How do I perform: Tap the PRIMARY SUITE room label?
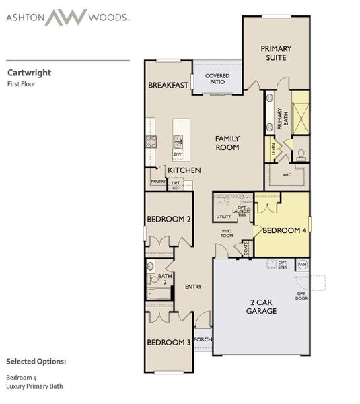274,53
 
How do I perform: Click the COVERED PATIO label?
218,79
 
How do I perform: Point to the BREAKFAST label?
169,86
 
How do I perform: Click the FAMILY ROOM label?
227,143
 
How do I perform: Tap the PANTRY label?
158,182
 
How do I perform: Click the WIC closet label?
287,174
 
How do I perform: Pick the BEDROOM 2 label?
169,220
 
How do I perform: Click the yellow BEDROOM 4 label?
285,230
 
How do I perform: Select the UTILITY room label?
223,217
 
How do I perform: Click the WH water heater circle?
302,265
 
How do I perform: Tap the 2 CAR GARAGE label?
262,307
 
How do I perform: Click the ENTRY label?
193,287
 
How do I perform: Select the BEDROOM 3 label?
169,342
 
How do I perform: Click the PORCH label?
203,340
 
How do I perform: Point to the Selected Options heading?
36,362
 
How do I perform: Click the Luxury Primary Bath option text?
33,386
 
